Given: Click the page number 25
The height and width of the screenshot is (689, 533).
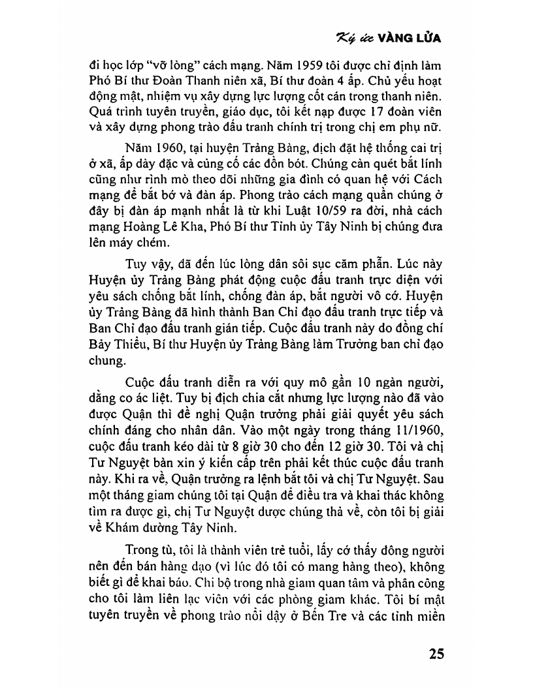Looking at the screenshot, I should point(436,654).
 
